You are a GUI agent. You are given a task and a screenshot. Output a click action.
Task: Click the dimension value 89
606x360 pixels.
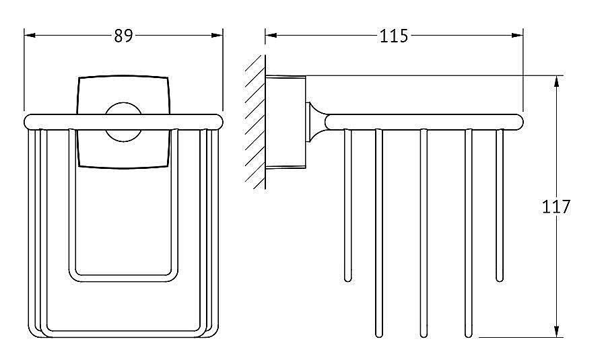(x=123, y=36)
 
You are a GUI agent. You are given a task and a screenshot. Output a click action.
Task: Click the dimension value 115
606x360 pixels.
(x=393, y=36)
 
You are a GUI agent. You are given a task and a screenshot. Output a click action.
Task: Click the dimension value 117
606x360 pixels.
(x=555, y=207)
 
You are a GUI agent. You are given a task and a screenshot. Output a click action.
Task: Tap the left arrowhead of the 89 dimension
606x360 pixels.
(x=30, y=35)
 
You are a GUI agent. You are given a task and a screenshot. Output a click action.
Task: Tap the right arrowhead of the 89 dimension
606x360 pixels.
(x=217, y=35)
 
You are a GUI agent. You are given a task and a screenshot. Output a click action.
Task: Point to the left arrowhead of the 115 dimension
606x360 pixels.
(x=271, y=35)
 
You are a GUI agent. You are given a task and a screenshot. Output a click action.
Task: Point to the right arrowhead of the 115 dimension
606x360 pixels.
(x=517, y=35)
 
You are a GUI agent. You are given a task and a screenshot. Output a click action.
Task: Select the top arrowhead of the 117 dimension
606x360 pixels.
(x=556, y=81)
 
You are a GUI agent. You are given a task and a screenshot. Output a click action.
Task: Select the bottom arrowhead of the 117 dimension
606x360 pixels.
(x=556, y=332)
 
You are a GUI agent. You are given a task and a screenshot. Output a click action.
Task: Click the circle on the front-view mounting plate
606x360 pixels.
(x=123, y=122)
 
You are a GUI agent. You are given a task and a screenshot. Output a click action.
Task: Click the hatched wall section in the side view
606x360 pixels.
(x=255, y=122)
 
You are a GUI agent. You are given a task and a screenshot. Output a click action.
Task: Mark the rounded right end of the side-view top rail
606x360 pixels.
(x=519, y=121)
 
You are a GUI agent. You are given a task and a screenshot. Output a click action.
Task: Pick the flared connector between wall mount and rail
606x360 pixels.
(x=316, y=122)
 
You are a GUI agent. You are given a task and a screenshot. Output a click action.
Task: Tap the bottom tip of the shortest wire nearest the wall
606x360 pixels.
(x=348, y=279)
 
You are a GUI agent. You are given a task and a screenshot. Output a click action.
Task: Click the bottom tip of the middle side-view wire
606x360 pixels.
(x=424, y=335)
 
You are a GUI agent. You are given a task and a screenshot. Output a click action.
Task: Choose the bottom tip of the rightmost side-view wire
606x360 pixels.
(x=500, y=279)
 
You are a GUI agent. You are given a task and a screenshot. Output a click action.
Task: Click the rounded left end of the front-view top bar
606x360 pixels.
(x=28, y=122)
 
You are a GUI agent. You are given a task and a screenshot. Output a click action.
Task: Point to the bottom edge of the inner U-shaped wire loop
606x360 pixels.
(x=123, y=278)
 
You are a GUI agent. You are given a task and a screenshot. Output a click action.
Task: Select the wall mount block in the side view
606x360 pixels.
(x=285, y=122)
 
